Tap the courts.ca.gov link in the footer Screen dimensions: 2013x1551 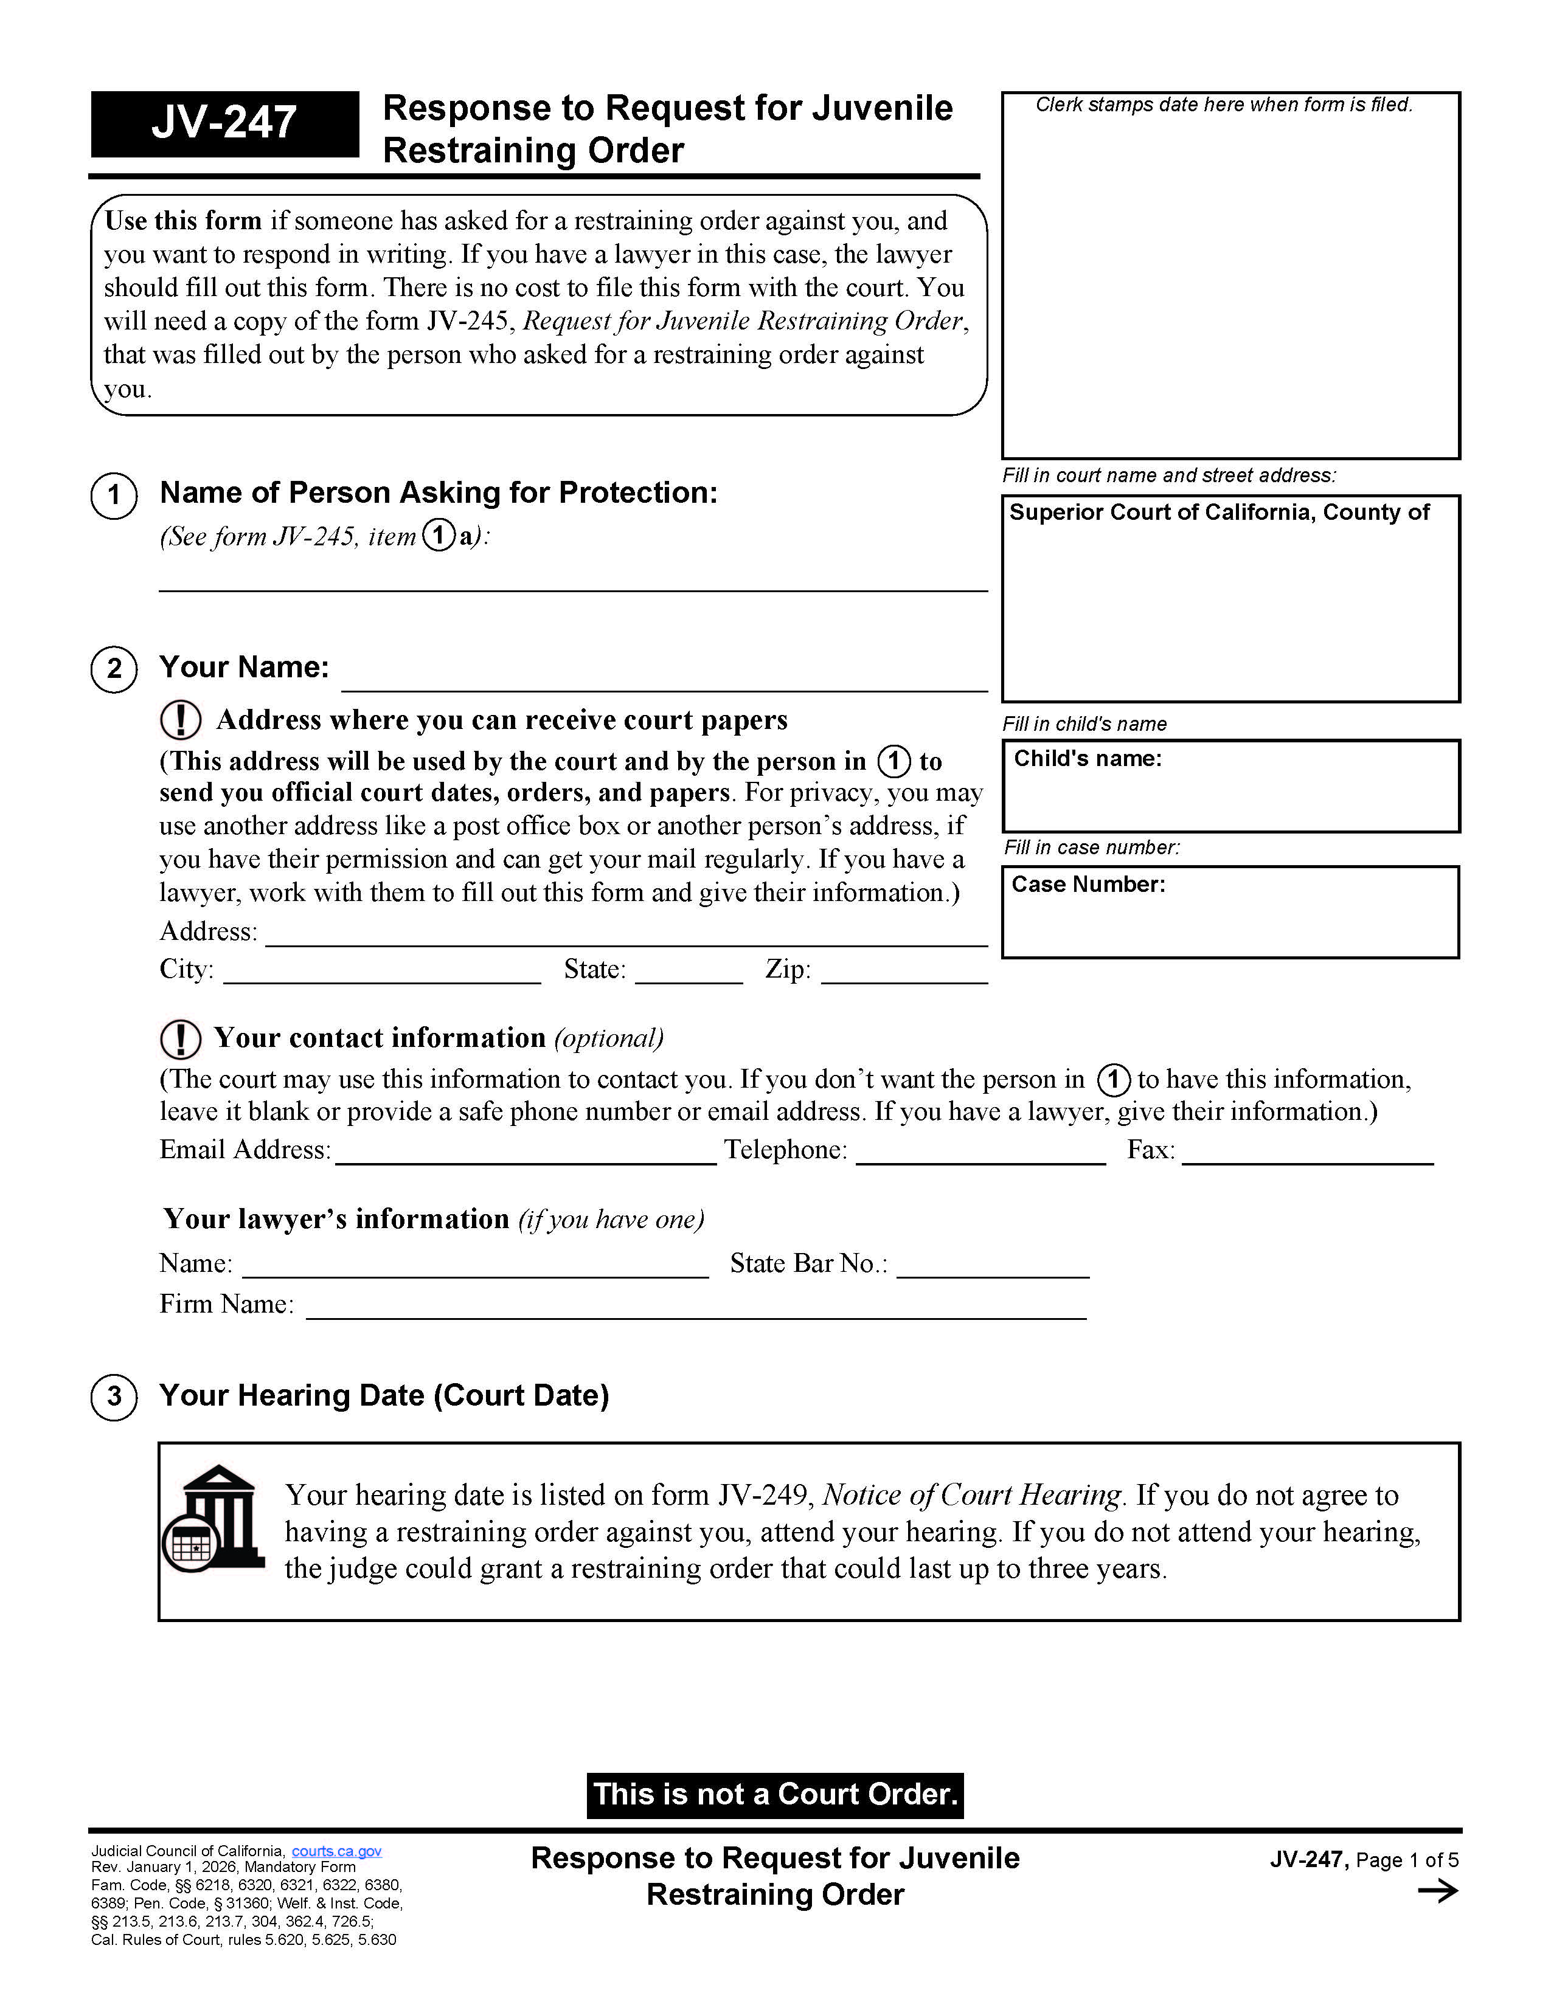(x=336, y=1851)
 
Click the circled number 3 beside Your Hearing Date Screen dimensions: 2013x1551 (x=114, y=1397)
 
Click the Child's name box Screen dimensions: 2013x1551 (x=1230, y=786)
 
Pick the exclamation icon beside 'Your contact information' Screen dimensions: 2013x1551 (x=181, y=1039)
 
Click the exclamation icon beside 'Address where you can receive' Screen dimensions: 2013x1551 (x=181, y=720)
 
